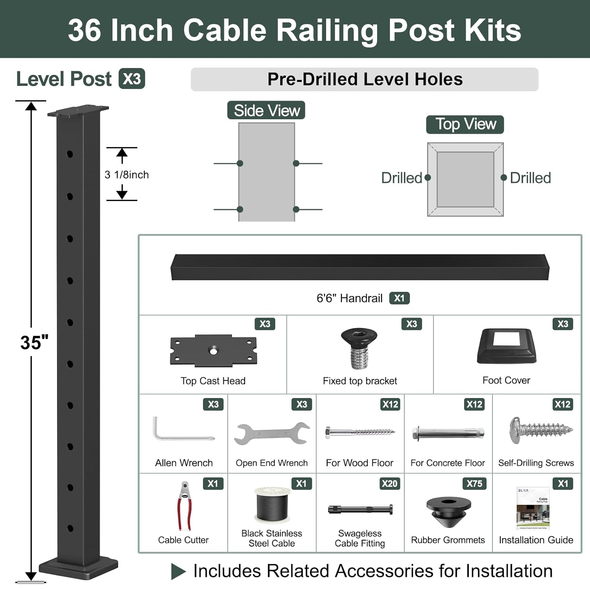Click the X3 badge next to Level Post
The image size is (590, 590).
(132, 79)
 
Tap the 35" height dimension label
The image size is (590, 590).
(34, 343)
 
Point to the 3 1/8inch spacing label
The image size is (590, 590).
(127, 175)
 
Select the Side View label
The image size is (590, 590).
(266, 111)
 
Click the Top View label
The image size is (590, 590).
(465, 124)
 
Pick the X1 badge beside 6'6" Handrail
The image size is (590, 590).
(399, 298)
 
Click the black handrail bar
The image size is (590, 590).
(360, 267)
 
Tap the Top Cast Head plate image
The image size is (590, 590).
(213, 350)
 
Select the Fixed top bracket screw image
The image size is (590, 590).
(359, 348)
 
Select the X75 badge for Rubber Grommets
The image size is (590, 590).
(474, 483)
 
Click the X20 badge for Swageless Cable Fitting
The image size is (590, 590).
(389, 483)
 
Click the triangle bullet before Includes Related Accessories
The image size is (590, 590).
(178, 571)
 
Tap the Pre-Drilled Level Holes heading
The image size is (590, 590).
(365, 79)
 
